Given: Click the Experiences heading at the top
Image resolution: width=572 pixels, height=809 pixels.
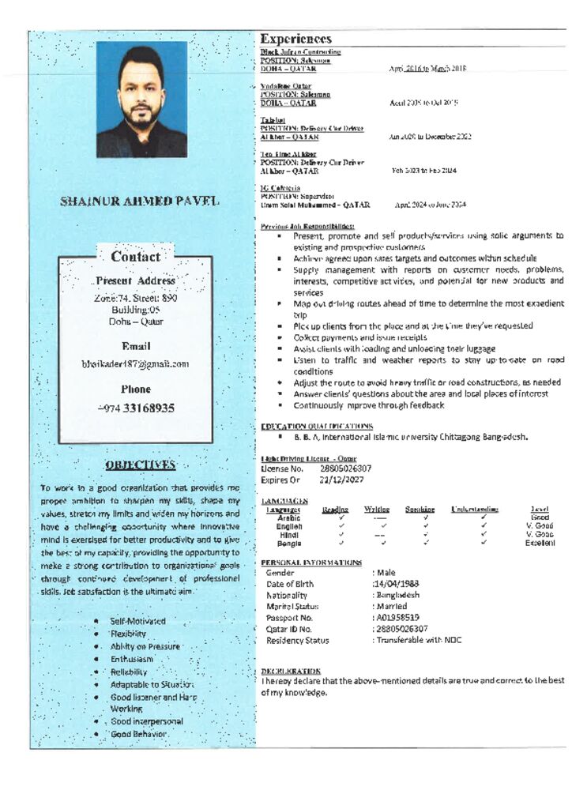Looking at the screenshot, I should pos(296,39).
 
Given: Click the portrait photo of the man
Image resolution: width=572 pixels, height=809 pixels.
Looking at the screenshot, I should pos(141,100).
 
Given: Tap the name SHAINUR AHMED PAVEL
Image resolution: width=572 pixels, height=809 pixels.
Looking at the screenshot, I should pos(140,201).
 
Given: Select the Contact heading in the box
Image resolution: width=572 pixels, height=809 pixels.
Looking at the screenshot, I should pos(135,257).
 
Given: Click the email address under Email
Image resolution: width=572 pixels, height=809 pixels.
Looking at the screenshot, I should pos(135,364).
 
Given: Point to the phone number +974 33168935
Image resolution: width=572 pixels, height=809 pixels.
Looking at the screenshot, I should pos(136,408).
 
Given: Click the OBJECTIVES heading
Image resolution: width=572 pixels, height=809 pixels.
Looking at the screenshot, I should pos(140,465).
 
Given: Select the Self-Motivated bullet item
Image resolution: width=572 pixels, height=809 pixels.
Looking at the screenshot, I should pos(138,621).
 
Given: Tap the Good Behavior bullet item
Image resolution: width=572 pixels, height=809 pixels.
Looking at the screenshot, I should pos(138,734).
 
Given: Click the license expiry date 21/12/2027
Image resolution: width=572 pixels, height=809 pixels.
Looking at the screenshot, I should pos(341,480).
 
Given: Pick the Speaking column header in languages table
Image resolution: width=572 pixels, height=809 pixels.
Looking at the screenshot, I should pos(420,510).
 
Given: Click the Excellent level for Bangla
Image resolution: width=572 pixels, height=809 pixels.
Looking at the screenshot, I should pos(540,544).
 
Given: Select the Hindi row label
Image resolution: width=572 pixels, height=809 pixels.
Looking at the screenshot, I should pos(289,535).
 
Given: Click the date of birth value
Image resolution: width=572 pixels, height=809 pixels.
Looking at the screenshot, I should pos(397,584).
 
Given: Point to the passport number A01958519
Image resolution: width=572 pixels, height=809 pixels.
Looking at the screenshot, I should pos(398,618).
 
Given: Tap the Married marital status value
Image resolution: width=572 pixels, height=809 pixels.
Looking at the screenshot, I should pos(391,607).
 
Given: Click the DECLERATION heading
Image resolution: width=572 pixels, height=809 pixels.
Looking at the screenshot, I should pos(291,671).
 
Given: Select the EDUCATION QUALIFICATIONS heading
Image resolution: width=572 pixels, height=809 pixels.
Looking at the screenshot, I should pos(317,427).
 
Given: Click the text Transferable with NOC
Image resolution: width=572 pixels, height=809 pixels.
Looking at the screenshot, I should pos(418,641).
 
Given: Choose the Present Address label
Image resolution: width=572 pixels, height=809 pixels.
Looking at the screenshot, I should pos(135,280).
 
